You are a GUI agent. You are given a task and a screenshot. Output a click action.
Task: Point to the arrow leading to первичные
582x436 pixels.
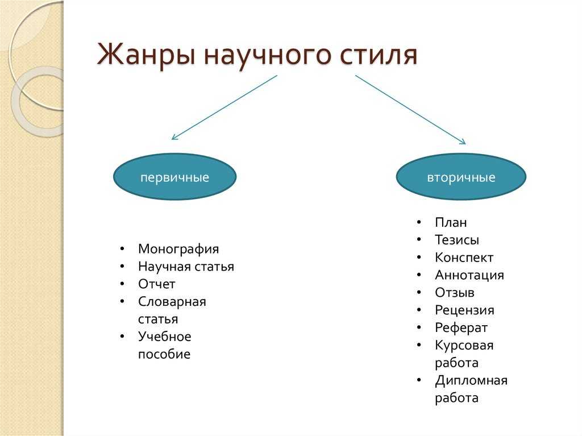[224, 107]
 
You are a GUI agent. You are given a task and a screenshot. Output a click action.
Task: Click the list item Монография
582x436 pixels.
[178, 249]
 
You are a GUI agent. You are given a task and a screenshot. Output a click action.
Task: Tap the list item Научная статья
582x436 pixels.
[186, 267]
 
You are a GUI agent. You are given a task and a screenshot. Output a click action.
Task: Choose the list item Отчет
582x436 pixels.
[156, 284]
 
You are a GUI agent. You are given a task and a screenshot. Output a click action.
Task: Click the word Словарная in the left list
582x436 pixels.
[172, 302]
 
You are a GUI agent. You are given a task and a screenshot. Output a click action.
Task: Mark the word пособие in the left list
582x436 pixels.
[164, 355]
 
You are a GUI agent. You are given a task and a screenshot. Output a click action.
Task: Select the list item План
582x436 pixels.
[451, 222]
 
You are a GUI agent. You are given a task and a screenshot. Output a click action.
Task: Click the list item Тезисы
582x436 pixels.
[456, 240]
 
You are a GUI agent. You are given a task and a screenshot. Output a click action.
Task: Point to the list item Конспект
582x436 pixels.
[464, 258]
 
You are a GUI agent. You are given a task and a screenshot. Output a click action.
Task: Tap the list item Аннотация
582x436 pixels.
[469, 275]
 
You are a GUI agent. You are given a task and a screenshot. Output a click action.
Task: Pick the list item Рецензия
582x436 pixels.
[464, 310]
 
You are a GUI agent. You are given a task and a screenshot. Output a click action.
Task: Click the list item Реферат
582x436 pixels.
[461, 328]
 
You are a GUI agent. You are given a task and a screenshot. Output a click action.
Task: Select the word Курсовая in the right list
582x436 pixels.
[464, 346]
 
